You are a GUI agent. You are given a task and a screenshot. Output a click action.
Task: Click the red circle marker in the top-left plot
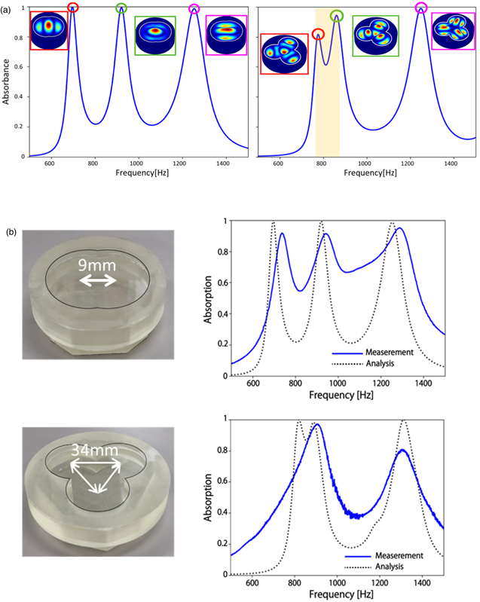pos(73,8)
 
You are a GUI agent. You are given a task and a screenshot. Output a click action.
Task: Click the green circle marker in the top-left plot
pos(121,8)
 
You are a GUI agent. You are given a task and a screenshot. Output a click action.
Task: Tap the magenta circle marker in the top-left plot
pos(194,9)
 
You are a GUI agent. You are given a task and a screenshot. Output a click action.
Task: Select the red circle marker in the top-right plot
pos(319,33)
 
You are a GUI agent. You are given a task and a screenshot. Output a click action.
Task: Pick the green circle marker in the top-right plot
pos(337,16)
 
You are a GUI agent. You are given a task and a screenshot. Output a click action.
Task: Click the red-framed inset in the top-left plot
pos(49,30)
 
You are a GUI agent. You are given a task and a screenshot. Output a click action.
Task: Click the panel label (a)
pos(8,7)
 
